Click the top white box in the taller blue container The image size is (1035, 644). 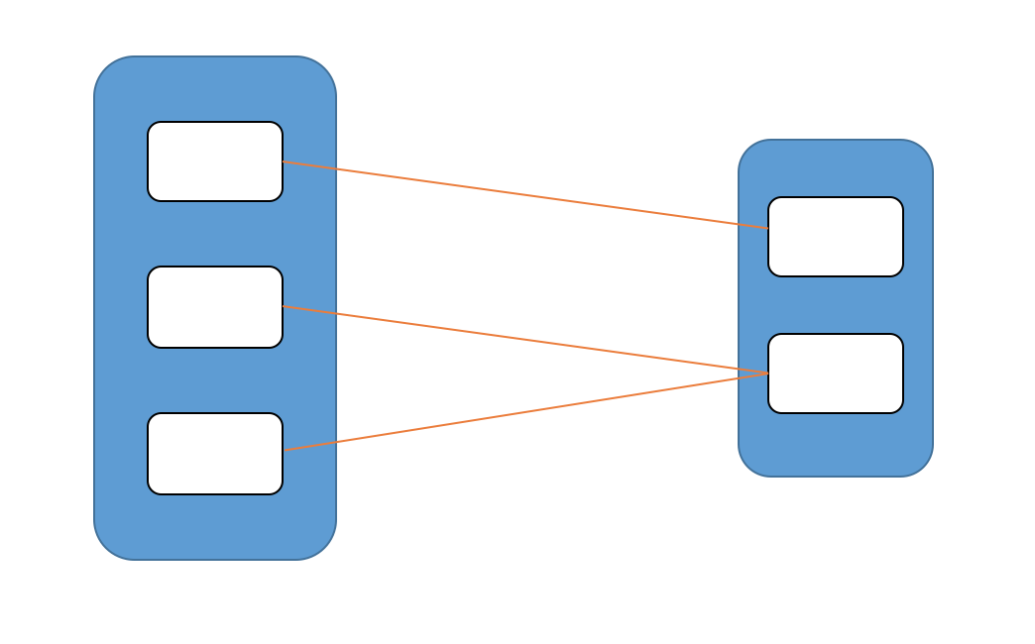[215, 161]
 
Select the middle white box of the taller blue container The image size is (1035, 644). [215, 307]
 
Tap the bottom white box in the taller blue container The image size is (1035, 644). [215, 454]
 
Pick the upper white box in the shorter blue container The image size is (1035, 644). [836, 237]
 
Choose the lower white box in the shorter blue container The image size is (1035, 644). [836, 374]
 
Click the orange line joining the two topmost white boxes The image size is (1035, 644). [525, 195]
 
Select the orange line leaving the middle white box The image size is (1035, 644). [525, 340]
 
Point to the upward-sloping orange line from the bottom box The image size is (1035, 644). [525, 412]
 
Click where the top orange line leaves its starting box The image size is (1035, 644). [284, 161]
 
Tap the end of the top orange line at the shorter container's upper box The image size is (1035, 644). [767, 229]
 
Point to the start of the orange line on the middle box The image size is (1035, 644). [284, 307]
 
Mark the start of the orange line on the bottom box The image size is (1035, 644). [286, 450]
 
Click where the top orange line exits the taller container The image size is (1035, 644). [336, 169]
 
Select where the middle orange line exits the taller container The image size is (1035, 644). [336, 314]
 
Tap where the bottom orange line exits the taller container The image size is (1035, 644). [336, 442]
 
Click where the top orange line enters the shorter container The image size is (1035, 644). [739, 225]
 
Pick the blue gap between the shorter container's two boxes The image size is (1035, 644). [836, 305]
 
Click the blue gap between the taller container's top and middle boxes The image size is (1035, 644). [215, 234]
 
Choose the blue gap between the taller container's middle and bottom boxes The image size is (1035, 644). [215, 380]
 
